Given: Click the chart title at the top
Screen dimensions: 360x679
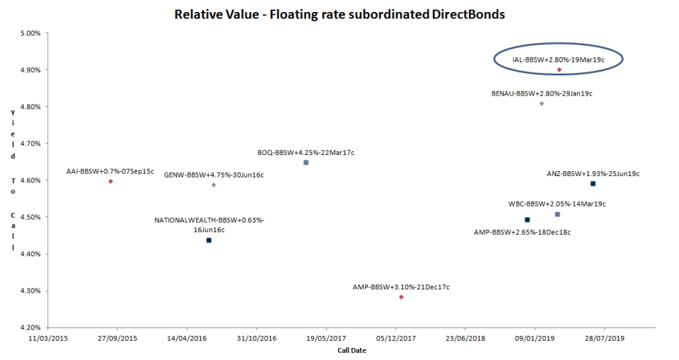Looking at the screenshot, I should click(x=339, y=14).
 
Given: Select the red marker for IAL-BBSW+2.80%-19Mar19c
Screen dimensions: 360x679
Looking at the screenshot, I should click(x=559, y=70).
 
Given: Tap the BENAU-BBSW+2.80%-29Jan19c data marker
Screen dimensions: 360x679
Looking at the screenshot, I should click(x=542, y=103).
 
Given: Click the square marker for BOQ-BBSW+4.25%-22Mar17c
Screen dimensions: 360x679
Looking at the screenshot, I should click(x=306, y=163).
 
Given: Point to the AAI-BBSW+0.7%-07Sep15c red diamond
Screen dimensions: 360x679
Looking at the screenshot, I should click(x=111, y=181).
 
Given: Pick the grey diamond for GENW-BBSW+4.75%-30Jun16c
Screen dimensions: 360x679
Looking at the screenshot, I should click(x=214, y=185).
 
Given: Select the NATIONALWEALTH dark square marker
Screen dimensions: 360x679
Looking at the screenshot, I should click(x=209, y=240).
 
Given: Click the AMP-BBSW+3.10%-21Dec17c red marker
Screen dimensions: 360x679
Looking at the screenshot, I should click(x=401, y=297).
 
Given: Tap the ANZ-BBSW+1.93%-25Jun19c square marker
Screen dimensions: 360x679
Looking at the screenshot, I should click(x=593, y=184).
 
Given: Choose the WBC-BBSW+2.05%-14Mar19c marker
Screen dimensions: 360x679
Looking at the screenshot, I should click(x=557, y=214).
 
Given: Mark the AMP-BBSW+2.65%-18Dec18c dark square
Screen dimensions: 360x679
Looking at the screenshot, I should click(x=527, y=220).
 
